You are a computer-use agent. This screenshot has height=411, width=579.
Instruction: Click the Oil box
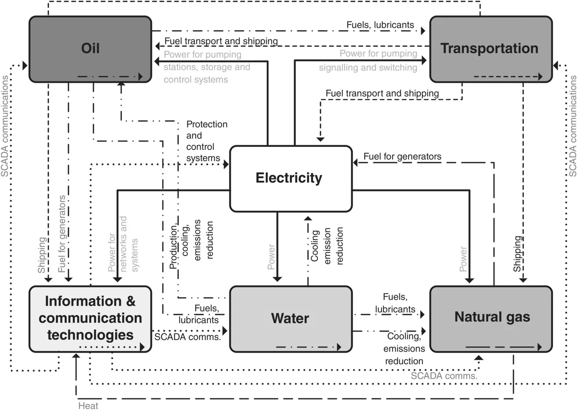pos(90,49)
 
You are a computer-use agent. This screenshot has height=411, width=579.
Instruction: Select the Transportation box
pos(490,49)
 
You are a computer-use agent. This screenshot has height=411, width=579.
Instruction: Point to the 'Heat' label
pos(88,406)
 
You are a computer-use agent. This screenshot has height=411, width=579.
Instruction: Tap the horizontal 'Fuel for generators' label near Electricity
pos(402,156)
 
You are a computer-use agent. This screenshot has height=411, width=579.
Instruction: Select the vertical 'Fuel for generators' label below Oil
pos(62,234)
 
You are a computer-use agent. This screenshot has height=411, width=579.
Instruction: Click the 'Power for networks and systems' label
pos(123,244)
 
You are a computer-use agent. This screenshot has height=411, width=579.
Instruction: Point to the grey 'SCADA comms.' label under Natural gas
pos(444,376)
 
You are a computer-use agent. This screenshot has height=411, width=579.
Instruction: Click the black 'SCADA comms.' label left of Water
pos(187,337)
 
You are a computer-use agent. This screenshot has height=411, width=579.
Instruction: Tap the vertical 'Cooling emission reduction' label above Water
pos(327,246)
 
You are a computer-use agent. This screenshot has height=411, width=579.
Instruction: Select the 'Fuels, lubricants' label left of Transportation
pos(380,25)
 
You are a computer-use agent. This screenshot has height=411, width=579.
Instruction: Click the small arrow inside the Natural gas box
pos(503,347)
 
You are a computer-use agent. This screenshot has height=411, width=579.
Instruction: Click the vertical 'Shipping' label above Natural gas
pos(517,253)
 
